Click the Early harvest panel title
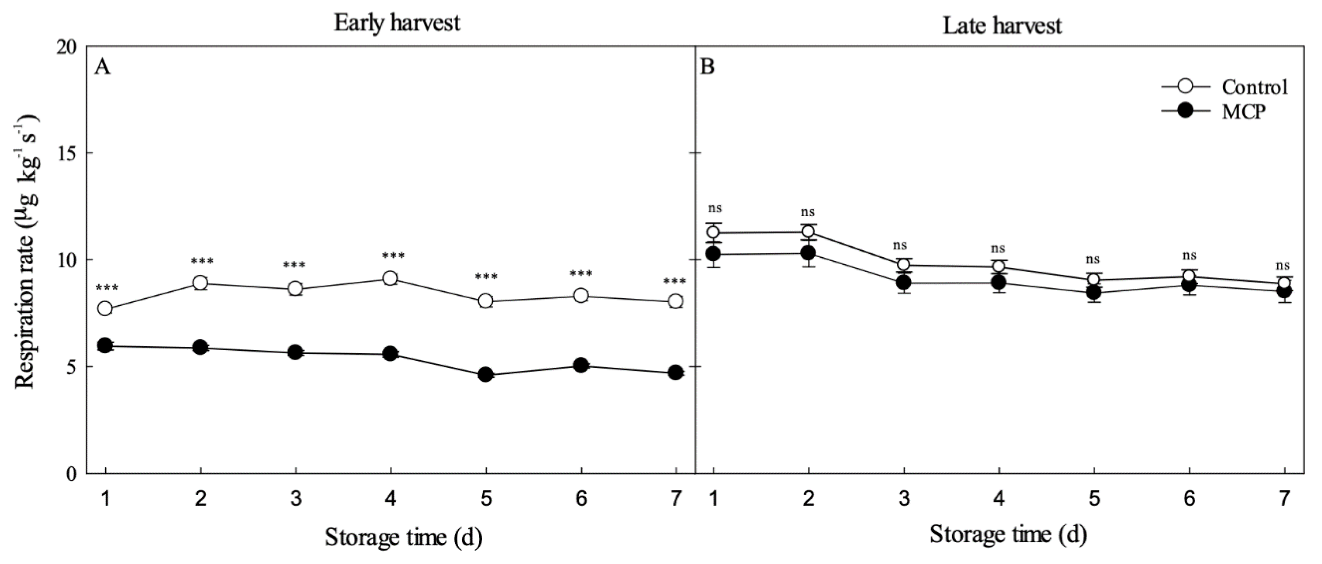[397, 23]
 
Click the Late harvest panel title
[1002, 26]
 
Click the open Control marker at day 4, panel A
[390, 279]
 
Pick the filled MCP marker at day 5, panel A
[486, 374]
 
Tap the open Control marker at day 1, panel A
[105, 309]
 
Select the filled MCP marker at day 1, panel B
[713, 254]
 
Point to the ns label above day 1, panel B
[715, 209]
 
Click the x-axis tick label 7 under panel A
[676, 498]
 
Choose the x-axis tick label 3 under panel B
[904, 498]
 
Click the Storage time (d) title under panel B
[1008, 534]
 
